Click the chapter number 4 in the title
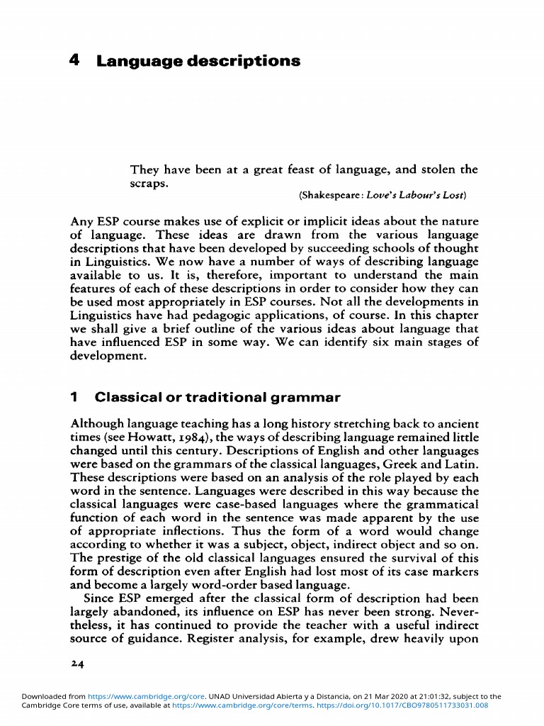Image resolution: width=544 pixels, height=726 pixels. [74, 61]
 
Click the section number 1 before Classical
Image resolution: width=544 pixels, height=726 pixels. [74, 398]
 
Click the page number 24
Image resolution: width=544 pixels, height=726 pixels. [78, 664]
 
